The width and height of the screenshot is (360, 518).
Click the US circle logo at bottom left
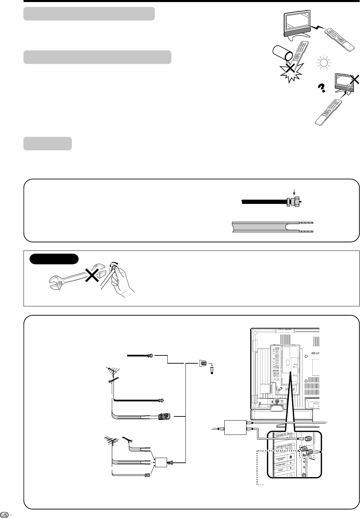4,514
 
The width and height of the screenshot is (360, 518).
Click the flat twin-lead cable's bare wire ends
307,227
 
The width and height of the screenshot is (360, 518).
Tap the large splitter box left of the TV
235,427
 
